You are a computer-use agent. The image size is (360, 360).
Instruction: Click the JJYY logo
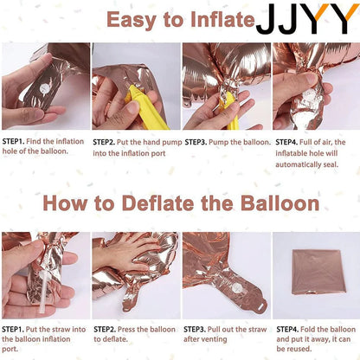(307, 19)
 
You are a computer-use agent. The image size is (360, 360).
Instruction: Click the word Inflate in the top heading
(223, 20)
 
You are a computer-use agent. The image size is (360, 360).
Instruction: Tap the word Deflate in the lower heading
(158, 203)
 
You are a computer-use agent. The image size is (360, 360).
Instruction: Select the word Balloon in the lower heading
(280, 203)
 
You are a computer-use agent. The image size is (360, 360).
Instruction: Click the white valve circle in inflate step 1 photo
(44, 87)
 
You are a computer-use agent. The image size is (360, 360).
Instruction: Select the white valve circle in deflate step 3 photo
(237, 287)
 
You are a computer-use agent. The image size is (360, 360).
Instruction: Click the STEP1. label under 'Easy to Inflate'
(13, 141)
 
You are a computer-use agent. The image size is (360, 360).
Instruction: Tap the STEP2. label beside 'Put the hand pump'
(104, 142)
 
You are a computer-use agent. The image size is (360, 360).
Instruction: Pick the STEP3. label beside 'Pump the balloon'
(196, 142)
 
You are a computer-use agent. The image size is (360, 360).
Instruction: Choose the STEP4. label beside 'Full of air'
(286, 142)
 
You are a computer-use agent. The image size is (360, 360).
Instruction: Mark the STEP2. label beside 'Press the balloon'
(105, 330)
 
